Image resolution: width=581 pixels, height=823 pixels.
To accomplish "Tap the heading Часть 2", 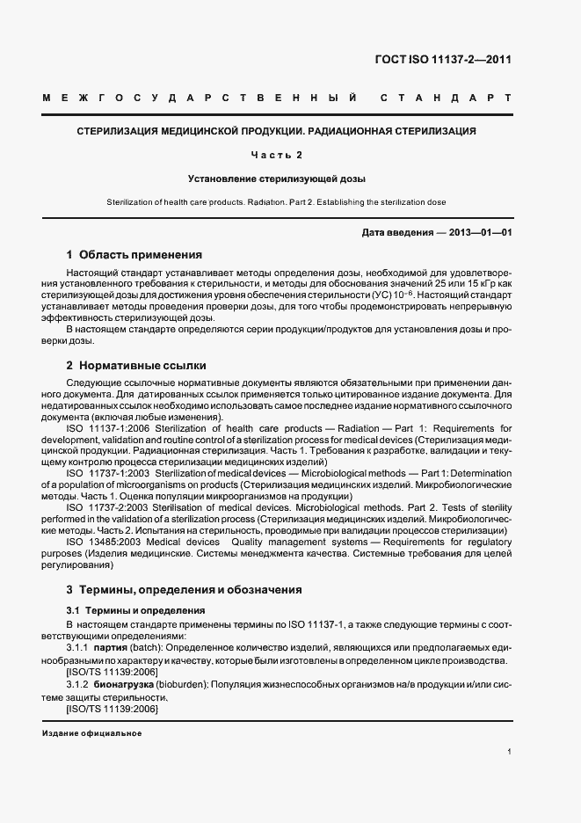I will click(277, 155).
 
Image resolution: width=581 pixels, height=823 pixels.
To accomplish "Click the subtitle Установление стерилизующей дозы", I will click(277, 178).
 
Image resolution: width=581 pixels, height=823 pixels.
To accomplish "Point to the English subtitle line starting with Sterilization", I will click(277, 202).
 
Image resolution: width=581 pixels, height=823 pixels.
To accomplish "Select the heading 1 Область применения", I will click(134, 255).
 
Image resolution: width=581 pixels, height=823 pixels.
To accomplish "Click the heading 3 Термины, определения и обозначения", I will click(185, 589).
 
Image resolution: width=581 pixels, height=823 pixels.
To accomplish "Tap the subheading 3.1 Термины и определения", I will click(136, 610).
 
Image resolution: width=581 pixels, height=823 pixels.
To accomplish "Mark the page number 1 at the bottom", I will click(510, 753).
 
